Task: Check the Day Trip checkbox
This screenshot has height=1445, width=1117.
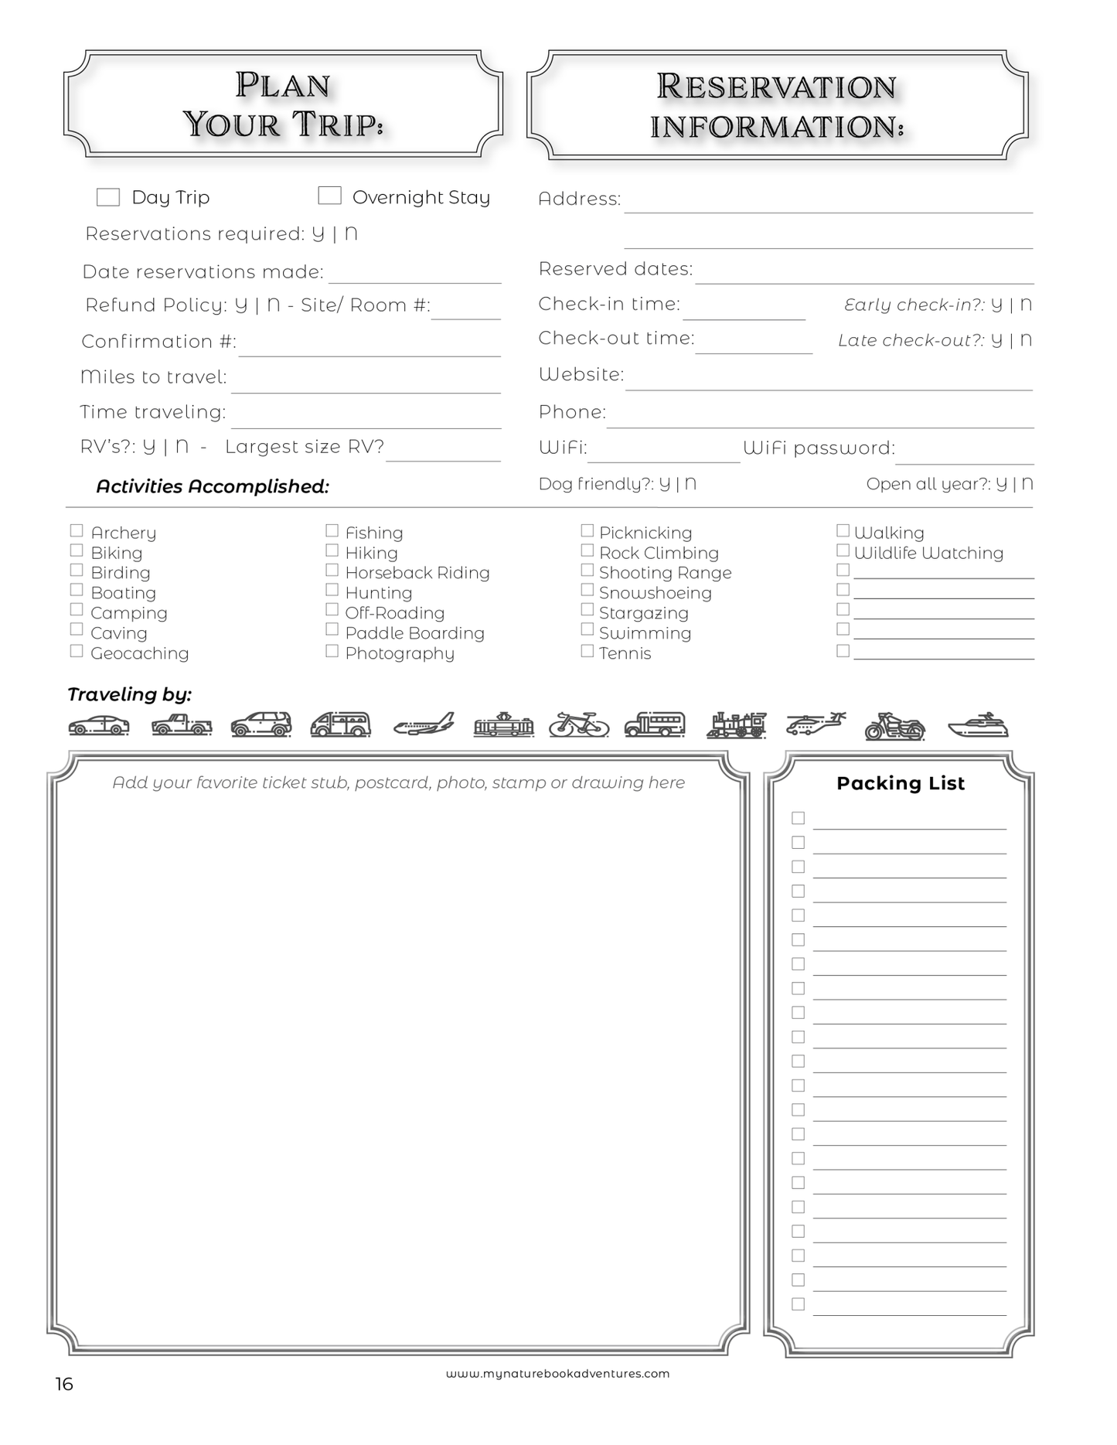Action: (108, 197)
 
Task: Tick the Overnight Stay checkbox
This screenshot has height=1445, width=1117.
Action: (329, 196)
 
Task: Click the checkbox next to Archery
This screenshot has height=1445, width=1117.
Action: (77, 530)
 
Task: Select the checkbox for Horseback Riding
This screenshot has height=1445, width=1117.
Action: (332, 570)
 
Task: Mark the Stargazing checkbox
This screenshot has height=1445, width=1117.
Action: (587, 610)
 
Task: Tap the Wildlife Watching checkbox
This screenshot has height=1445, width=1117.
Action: (843, 550)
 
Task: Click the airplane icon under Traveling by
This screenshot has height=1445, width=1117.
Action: (424, 724)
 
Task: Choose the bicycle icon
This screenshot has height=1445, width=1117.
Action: (579, 724)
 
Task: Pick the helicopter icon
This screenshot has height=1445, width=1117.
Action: (816, 724)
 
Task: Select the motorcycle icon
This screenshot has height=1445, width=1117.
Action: (894, 726)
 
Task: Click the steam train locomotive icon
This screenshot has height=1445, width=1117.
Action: (737, 724)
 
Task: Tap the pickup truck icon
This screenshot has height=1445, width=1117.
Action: (182, 724)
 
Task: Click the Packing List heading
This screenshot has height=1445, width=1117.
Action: (901, 783)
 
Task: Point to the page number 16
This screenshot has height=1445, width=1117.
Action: (64, 1384)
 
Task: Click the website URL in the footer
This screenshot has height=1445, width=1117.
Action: (557, 1374)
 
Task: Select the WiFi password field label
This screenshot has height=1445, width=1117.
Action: (819, 448)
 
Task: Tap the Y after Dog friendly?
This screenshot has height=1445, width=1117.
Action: (665, 484)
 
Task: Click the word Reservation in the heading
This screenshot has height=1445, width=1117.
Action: (776, 87)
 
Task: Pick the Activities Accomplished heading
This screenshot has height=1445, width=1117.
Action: (213, 486)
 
